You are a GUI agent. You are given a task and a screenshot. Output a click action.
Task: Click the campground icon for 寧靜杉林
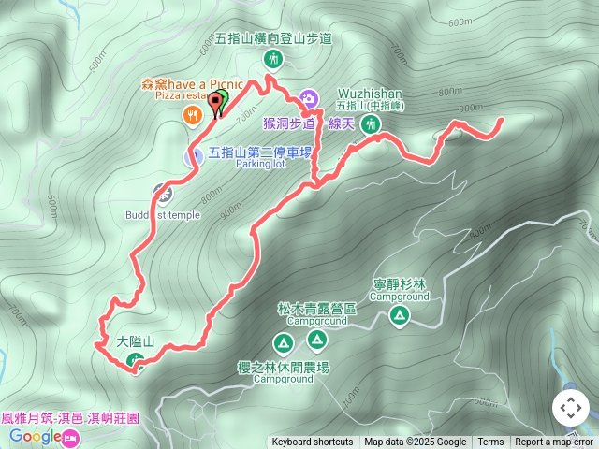pyautogui.click(x=400, y=316)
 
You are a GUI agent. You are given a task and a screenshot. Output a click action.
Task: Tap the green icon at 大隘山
pyautogui.click(x=137, y=361)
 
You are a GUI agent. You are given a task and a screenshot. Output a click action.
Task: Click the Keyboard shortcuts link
pyautogui.click(x=313, y=442)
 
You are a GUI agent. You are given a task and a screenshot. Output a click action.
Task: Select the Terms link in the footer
pyautogui.click(x=490, y=442)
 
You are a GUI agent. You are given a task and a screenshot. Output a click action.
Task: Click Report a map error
pyautogui.click(x=555, y=442)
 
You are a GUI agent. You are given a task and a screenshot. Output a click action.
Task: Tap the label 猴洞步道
pyautogui.click(x=288, y=123)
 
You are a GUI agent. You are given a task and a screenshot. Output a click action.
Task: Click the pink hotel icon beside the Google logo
pyautogui.click(x=71, y=437)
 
